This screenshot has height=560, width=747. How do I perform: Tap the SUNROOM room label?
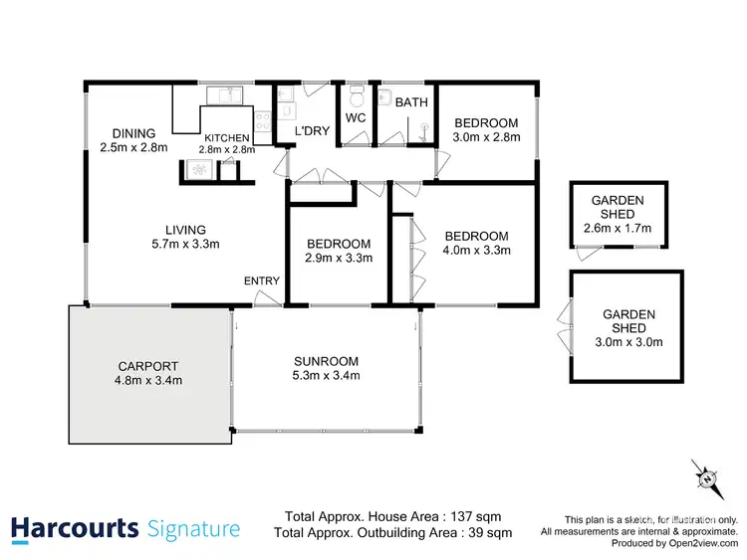[x=327, y=360]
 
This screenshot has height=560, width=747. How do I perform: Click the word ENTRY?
[x=262, y=281]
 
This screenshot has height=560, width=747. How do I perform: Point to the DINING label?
[x=133, y=133]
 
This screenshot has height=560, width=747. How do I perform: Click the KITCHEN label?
[x=227, y=138]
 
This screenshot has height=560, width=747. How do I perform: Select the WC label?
[x=357, y=118]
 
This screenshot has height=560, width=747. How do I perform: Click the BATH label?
[x=410, y=102]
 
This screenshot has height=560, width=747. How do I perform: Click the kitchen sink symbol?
[x=225, y=94]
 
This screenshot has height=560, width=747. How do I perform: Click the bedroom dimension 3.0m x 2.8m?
[x=487, y=137]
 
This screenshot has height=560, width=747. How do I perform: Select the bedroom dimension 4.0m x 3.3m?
[x=475, y=251]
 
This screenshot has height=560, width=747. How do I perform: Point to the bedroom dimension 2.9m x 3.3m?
[x=339, y=258]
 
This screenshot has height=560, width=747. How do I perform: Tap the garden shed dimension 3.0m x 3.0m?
[x=628, y=343]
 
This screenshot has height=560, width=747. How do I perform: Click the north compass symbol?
[x=707, y=480]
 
